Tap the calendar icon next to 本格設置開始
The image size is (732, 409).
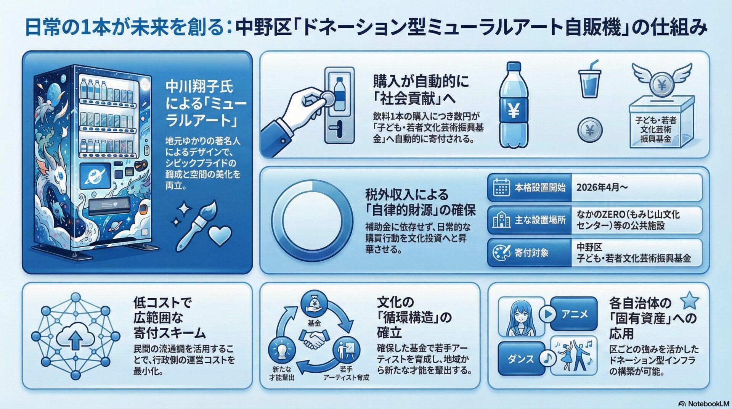[x=501, y=187]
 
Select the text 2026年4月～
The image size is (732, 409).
[x=602, y=187]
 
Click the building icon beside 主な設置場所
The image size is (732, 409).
[x=501, y=220]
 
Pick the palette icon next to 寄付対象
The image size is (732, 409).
[x=501, y=253]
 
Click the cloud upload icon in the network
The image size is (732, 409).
[x=76, y=336]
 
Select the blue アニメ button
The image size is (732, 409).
[x=574, y=314]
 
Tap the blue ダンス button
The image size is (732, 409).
[x=521, y=358]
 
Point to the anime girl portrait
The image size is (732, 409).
[x=521, y=317]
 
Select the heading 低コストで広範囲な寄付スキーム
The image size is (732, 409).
[x=170, y=318]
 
